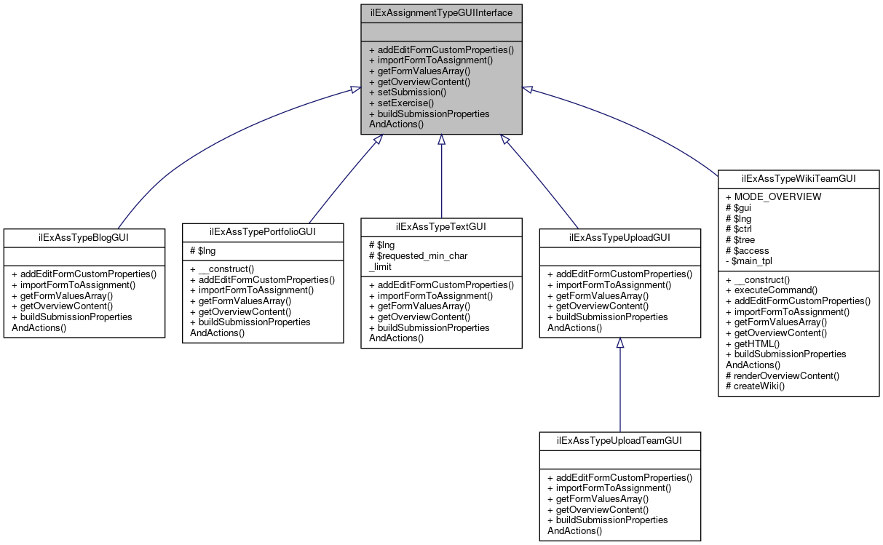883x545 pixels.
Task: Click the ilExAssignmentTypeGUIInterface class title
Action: click(x=441, y=12)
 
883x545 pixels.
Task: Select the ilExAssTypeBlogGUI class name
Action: click(x=84, y=237)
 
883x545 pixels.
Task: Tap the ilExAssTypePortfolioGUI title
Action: click(x=262, y=231)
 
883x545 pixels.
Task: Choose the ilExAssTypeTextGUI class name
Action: click(x=441, y=226)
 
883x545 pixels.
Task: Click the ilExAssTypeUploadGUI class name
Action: click(x=619, y=237)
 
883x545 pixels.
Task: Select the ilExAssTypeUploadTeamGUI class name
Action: click(x=619, y=441)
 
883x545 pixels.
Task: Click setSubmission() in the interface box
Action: click(x=407, y=92)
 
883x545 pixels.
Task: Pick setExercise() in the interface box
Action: click(x=401, y=103)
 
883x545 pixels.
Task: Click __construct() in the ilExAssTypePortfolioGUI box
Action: click(x=221, y=268)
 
